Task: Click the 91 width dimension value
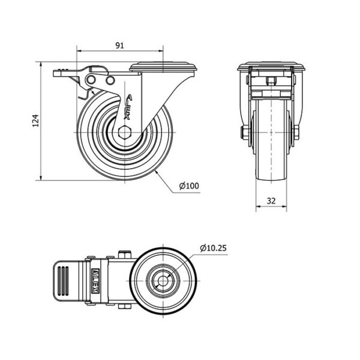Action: click(119, 46)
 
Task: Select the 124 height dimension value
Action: click(35, 121)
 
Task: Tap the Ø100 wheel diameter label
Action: click(189, 186)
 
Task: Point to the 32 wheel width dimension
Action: click(271, 201)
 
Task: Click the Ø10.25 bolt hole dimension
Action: click(213, 248)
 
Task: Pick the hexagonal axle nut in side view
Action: click(124, 133)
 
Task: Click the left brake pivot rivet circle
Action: click(91, 80)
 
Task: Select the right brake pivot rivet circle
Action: click(110, 80)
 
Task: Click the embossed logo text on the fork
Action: click(128, 107)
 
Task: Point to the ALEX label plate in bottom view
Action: click(95, 281)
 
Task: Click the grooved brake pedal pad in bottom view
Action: click(62, 281)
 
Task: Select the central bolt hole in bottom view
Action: click(163, 281)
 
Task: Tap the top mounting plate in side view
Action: click(163, 67)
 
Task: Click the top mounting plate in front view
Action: click(271, 67)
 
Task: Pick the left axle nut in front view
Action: click(244, 133)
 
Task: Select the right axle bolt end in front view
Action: click(296, 133)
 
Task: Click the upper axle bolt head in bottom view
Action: click(125, 254)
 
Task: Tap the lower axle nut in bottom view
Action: click(125, 307)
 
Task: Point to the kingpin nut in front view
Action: click(271, 80)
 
